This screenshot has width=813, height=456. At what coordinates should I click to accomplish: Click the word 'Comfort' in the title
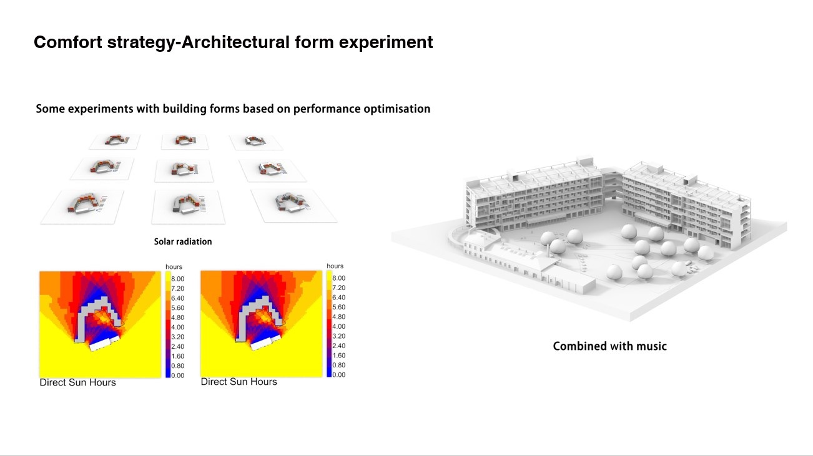point(68,42)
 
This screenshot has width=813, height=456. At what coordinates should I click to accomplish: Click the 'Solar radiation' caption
point(183,241)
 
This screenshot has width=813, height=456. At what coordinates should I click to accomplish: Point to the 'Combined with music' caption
point(609,346)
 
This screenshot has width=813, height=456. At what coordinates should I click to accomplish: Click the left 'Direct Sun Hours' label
point(77,382)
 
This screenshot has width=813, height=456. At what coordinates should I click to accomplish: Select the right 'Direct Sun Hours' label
point(239,382)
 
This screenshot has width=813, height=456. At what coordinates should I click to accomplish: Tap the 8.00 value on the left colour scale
point(178,279)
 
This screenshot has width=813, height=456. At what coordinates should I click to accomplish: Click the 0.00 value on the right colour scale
point(339,375)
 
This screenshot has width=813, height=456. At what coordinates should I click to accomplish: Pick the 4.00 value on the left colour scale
point(178,327)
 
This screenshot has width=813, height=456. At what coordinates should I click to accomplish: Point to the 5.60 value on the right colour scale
point(339,307)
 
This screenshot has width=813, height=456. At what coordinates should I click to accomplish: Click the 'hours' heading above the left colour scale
point(174,267)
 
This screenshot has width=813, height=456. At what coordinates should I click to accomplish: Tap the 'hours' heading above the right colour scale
point(335,266)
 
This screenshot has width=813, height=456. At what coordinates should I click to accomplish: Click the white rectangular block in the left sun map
point(104,343)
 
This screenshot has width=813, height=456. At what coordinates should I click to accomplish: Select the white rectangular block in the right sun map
point(266,342)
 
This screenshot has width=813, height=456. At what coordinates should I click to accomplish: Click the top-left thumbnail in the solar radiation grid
point(115,142)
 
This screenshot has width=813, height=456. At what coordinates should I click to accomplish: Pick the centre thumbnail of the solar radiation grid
point(184,170)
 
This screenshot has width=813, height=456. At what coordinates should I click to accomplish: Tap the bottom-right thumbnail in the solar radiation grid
point(293,205)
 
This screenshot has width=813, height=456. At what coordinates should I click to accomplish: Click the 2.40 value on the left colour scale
point(178,347)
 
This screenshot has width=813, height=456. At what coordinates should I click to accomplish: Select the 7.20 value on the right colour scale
point(339,288)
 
